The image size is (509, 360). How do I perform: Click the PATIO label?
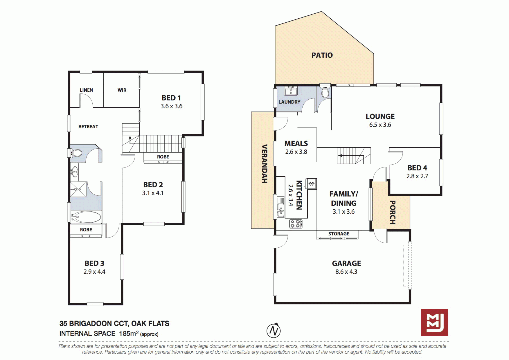(x=322, y=55)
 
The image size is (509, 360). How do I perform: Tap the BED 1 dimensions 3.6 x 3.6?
(x=171, y=106)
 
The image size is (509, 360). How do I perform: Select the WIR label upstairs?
(x=122, y=90)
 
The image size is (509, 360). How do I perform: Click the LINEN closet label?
(x=86, y=90)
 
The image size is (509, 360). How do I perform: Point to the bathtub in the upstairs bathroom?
(x=86, y=217)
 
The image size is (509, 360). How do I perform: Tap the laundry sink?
(x=291, y=91)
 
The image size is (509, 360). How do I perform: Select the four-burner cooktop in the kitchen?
(x=296, y=224)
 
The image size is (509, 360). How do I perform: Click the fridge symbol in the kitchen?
(x=311, y=184)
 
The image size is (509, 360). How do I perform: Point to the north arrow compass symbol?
(x=273, y=331)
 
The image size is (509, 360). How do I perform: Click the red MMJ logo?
(x=434, y=322)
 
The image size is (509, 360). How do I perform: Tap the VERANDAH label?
(x=264, y=164)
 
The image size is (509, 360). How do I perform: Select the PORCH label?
(x=393, y=212)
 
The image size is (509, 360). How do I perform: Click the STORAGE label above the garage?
(x=339, y=234)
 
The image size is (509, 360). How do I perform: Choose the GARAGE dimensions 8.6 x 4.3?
(x=346, y=272)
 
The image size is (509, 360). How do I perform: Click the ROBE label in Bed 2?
(x=163, y=157)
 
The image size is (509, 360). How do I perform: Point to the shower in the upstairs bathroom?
(x=78, y=189)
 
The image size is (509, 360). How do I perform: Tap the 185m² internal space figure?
(x=129, y=333)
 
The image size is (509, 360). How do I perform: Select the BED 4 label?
(x=417, y=168)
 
